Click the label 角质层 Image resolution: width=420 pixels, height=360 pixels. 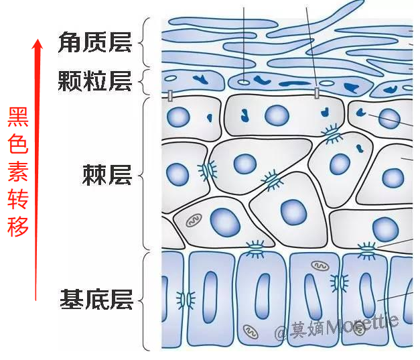[95, 42]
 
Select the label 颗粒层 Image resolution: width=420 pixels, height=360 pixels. [95, 81]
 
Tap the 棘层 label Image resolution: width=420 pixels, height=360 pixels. [107, 175]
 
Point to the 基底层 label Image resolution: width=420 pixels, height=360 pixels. [96, 299]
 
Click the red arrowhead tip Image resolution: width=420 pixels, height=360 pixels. [38, 40]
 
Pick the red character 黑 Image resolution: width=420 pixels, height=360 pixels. [18, 117]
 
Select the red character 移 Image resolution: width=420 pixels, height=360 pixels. [18, 227]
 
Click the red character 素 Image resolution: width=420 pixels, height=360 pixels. [18, 172]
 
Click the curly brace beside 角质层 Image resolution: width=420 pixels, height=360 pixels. [144, 42]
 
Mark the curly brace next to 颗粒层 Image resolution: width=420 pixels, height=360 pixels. [145, 82]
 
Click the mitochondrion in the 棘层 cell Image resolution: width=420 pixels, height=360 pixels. [194, 220]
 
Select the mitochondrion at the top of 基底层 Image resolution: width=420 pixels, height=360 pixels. [320, 266]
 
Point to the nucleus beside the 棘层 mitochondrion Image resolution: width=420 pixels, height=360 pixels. [225, 223]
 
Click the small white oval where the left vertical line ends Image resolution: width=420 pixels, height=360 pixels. [243, 82]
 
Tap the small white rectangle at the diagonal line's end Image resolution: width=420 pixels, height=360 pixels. [317, 93]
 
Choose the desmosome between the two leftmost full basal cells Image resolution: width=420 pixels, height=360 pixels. [186, 299]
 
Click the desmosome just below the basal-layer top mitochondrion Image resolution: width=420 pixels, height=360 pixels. [340, 283]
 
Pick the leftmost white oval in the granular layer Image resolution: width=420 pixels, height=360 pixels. [170, 78]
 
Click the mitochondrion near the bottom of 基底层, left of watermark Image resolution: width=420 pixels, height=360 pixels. [251, 332]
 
